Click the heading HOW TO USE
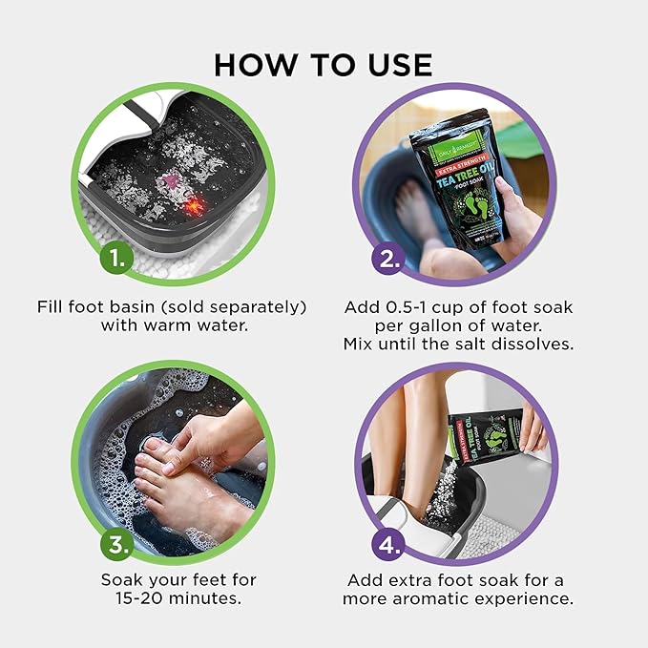point(324,64)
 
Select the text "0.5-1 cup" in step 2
point(420,306)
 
